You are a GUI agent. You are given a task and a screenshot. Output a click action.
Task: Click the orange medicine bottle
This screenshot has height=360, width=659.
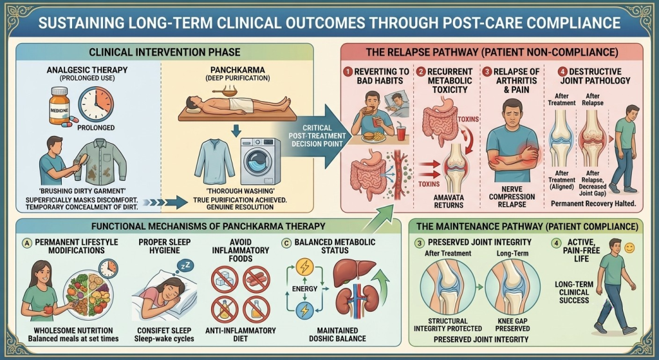(x=59, y=106)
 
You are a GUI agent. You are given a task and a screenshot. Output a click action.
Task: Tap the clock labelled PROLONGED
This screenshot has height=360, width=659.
(x=96, y=104)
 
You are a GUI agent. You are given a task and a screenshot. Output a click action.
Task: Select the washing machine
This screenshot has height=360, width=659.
(x=260, y=161)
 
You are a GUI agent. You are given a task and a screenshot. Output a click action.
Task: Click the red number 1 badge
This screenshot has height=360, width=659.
(x=348, y=72)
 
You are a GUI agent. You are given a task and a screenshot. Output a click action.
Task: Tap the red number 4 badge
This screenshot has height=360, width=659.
(x=562, y=71)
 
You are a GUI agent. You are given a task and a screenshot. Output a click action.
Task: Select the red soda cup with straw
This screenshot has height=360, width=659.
(x=401, y=131)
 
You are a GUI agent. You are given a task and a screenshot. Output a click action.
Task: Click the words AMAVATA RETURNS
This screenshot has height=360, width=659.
(x=449, y=201)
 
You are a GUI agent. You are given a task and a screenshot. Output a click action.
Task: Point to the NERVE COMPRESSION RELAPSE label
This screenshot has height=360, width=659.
(x=512, y=197)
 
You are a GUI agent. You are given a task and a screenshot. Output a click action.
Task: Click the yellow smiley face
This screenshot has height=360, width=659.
(x=629, y=248)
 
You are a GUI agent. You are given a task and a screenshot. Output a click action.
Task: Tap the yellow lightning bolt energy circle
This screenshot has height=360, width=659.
(x=304, y=267)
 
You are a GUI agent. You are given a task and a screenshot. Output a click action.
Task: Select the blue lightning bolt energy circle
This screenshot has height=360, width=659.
(x=304, y=311)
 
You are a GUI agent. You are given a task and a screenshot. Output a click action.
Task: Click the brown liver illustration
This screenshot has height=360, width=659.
(x=354, y=272)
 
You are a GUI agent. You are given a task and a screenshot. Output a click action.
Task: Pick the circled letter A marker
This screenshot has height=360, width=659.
(x=27, y=243)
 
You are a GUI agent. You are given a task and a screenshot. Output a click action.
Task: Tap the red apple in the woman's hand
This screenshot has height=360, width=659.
(x=48, y=310)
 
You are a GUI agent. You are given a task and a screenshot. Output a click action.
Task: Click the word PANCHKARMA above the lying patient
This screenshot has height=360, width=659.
(x=237, y=70)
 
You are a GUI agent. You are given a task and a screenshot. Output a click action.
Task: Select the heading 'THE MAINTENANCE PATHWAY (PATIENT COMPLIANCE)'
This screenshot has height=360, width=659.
(x=527, y=227)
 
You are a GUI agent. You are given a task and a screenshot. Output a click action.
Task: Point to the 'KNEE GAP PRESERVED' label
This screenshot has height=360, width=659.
(x=512, y=325)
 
